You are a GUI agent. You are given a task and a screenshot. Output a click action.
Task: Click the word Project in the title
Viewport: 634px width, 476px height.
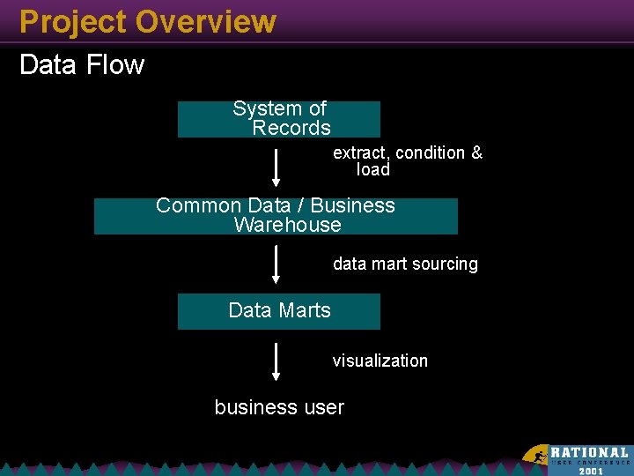[72, 21]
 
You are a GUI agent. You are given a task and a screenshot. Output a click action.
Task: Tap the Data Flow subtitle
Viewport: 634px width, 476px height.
[81, 65]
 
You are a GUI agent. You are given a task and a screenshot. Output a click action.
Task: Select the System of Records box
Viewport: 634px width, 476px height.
[279, 119]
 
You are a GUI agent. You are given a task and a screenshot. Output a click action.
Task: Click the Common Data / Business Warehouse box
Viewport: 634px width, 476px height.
[276, 216]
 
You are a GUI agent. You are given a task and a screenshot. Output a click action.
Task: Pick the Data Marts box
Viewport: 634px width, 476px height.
[279, 311]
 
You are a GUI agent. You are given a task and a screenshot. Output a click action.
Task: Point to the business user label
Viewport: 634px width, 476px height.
[279, 407]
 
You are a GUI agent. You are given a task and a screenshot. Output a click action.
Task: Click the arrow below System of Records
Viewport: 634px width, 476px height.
[276, 167]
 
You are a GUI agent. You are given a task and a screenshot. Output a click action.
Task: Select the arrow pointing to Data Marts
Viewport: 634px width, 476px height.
[276, 264]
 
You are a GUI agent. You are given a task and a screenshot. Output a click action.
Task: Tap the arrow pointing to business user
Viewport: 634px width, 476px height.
[276, 361]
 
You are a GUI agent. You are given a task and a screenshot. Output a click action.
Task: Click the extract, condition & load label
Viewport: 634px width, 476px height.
[407, 161]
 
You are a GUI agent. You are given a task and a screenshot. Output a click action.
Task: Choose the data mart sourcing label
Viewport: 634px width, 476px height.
[405, 264]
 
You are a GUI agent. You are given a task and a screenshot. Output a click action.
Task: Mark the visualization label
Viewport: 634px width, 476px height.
[380, 361]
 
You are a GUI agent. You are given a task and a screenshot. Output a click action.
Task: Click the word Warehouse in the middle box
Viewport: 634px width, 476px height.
[287, 225]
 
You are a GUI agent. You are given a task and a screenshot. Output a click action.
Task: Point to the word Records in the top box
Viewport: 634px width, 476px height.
[291, 129]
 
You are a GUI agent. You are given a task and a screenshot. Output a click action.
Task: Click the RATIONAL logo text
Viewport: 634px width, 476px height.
[589, 452]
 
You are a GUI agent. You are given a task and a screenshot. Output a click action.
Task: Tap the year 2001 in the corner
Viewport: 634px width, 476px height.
[591, 470]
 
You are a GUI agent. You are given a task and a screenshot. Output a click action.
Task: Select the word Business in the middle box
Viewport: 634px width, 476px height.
[353, 205]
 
